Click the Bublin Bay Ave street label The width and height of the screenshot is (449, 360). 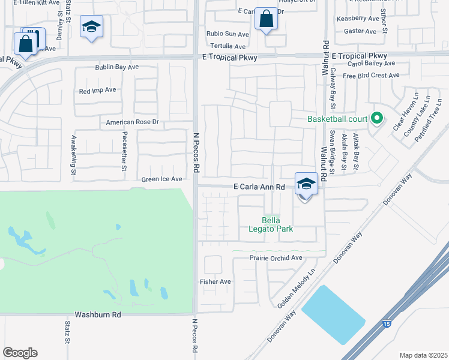click(x=116, y=68)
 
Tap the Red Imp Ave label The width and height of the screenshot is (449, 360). click(x=97, y=91)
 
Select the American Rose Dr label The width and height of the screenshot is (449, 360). click(x=132, y=122)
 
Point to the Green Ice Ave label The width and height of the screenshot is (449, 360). click(x=161, y=179)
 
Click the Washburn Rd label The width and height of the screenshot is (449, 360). click(x=98, y=314)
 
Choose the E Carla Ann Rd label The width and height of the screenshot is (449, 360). click(x=259, y=187)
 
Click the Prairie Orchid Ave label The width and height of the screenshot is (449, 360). click(x=276, y=258)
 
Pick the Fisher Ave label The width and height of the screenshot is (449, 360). click(x=215, y=281)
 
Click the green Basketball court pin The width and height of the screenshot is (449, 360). click(x=377, y=118)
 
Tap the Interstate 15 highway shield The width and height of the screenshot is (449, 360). click(x=385, y=324)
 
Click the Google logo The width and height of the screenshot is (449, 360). click(x=20, y=353)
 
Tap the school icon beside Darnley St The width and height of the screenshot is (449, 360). click(x=92, y=27)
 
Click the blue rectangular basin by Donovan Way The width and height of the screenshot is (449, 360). click(x=333, y=314)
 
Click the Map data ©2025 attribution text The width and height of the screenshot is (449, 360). click(x=423, y=355)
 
